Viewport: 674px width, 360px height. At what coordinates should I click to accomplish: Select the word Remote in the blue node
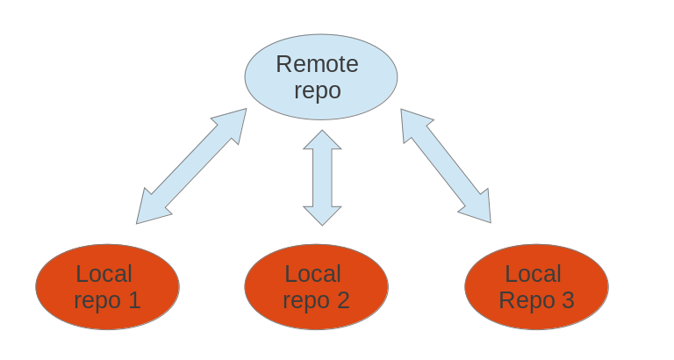click(317, 64)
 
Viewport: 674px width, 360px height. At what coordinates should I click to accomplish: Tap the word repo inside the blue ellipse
click(317, 90)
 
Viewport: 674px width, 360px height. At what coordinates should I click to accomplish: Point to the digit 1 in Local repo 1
click(133, 301)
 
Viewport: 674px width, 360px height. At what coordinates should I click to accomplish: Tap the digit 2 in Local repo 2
click(342, 301)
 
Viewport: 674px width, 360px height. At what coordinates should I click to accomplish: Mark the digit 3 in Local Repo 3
click(567, 301)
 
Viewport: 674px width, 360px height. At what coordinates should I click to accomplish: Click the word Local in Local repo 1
click(104, 274)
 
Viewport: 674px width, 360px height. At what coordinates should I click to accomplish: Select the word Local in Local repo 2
click(313, 274)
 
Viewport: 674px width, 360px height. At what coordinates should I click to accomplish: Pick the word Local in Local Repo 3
click(534, 274)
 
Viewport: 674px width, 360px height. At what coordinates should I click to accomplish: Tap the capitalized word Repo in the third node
click(525, 301)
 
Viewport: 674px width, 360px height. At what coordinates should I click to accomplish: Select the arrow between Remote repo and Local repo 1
click(191, 166)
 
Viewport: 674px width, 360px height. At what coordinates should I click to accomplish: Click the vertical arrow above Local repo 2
click(322, 177)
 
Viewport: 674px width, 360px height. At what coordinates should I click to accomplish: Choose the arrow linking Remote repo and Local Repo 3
click(446, 165)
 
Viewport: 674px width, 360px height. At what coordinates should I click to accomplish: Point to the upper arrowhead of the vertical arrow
click(322, 140)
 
